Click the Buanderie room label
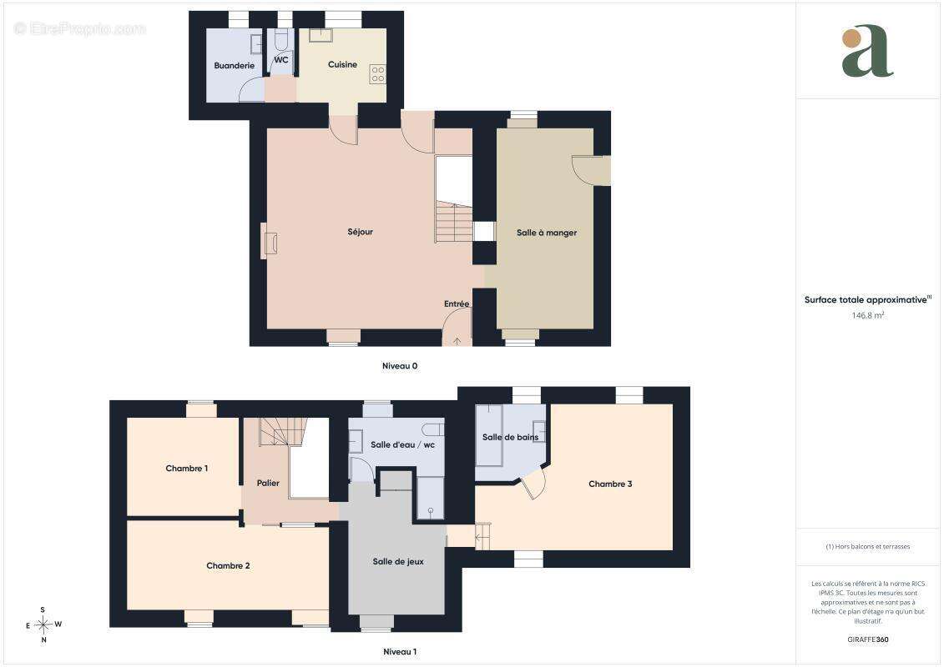point(235,66)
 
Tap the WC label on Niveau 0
point(281,60)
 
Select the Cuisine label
point(342,64)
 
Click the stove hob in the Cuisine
point(377,74)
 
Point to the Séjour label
point(360,232)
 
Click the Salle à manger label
point(547,233)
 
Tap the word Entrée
point(457,303)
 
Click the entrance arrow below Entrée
point(457,342)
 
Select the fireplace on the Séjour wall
point(269,241)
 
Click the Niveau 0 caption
point(400,366)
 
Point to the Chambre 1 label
point(187,469)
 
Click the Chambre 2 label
point(228,565)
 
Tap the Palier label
point(268,483)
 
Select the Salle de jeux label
point(398,562)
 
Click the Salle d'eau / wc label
point(403,445)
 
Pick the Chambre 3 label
point(610,484)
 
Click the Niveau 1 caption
point(400,651)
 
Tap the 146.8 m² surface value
point(867,315)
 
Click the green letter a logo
point(867,51)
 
